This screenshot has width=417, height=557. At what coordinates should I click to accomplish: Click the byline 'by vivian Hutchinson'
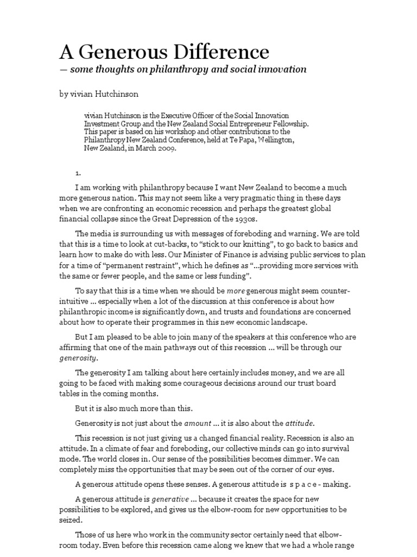[x=99, y=94]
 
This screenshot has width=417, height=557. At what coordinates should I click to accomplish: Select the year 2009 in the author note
[x=165, y=148]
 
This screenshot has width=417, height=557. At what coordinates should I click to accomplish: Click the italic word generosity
[x=78, y=358]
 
